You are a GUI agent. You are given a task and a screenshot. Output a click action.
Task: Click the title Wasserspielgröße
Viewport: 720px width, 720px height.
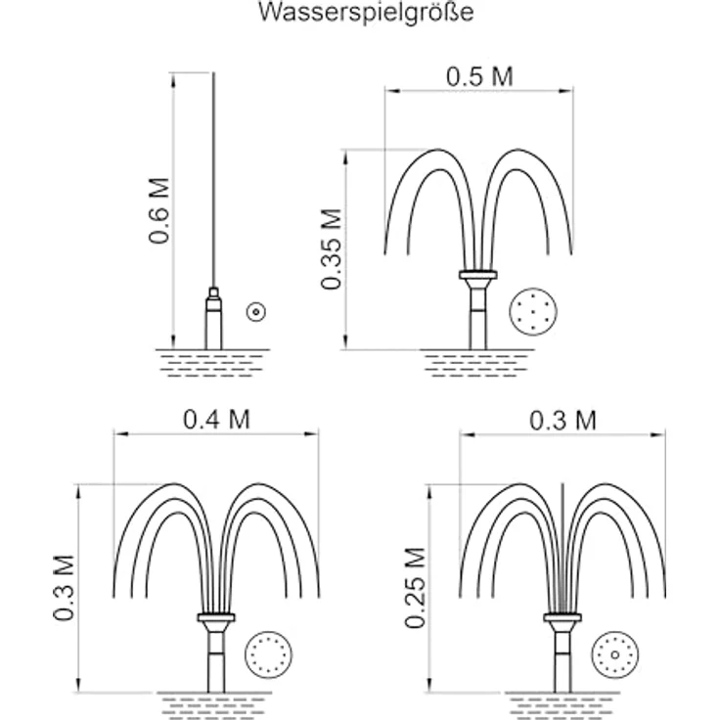(x=366, y=13)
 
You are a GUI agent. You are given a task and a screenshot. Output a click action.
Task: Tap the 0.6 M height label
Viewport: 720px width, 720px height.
(x=159, y=210)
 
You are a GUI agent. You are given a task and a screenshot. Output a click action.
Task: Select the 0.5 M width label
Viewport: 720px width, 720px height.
(x=479, y=76)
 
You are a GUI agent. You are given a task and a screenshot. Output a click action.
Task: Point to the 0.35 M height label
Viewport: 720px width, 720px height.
(x=332, y=248)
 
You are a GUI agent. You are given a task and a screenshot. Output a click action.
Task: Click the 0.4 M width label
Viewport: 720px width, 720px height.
(x=217, y=420)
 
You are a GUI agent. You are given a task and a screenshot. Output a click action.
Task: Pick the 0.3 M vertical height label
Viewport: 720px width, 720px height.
(x=64, y=588)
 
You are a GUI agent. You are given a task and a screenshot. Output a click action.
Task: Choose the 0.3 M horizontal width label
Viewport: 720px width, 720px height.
(x=562, y=421)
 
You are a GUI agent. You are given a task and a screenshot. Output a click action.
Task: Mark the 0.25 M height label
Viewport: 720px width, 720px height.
(x=415, y=587)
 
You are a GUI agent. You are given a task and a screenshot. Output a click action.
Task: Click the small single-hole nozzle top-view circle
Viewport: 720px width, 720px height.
(x=255, y=312)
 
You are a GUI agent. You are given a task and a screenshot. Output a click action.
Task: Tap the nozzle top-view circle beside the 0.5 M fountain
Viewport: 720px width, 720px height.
(x=533, y=312)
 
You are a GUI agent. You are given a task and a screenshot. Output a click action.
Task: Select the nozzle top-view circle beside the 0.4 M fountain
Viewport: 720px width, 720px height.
(x=269, y=654)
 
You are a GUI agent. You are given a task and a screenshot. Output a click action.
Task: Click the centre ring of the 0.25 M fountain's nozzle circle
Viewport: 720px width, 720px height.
(x=615, y=654)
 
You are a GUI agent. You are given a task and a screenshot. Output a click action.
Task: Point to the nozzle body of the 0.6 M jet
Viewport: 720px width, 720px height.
(x=213, y=319)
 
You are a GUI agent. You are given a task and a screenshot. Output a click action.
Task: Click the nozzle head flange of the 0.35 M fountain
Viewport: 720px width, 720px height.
(x=478, y=275)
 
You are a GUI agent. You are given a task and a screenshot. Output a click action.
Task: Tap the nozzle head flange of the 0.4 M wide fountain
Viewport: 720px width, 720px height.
(x=216, y=617)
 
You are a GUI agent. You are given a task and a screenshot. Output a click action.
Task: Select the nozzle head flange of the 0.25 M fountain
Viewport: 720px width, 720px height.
(x=562, y=617)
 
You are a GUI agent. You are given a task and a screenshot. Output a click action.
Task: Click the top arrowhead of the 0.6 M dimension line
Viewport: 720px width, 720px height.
(x=173, y=79)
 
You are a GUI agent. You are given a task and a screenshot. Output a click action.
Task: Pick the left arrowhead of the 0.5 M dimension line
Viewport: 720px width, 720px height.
(x=392, y=91)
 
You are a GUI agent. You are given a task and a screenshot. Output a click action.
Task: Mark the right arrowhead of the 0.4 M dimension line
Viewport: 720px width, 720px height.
(x=311, y=433)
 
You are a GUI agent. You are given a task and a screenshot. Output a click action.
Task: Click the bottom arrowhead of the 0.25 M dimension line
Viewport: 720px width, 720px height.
(x=430, y=686)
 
